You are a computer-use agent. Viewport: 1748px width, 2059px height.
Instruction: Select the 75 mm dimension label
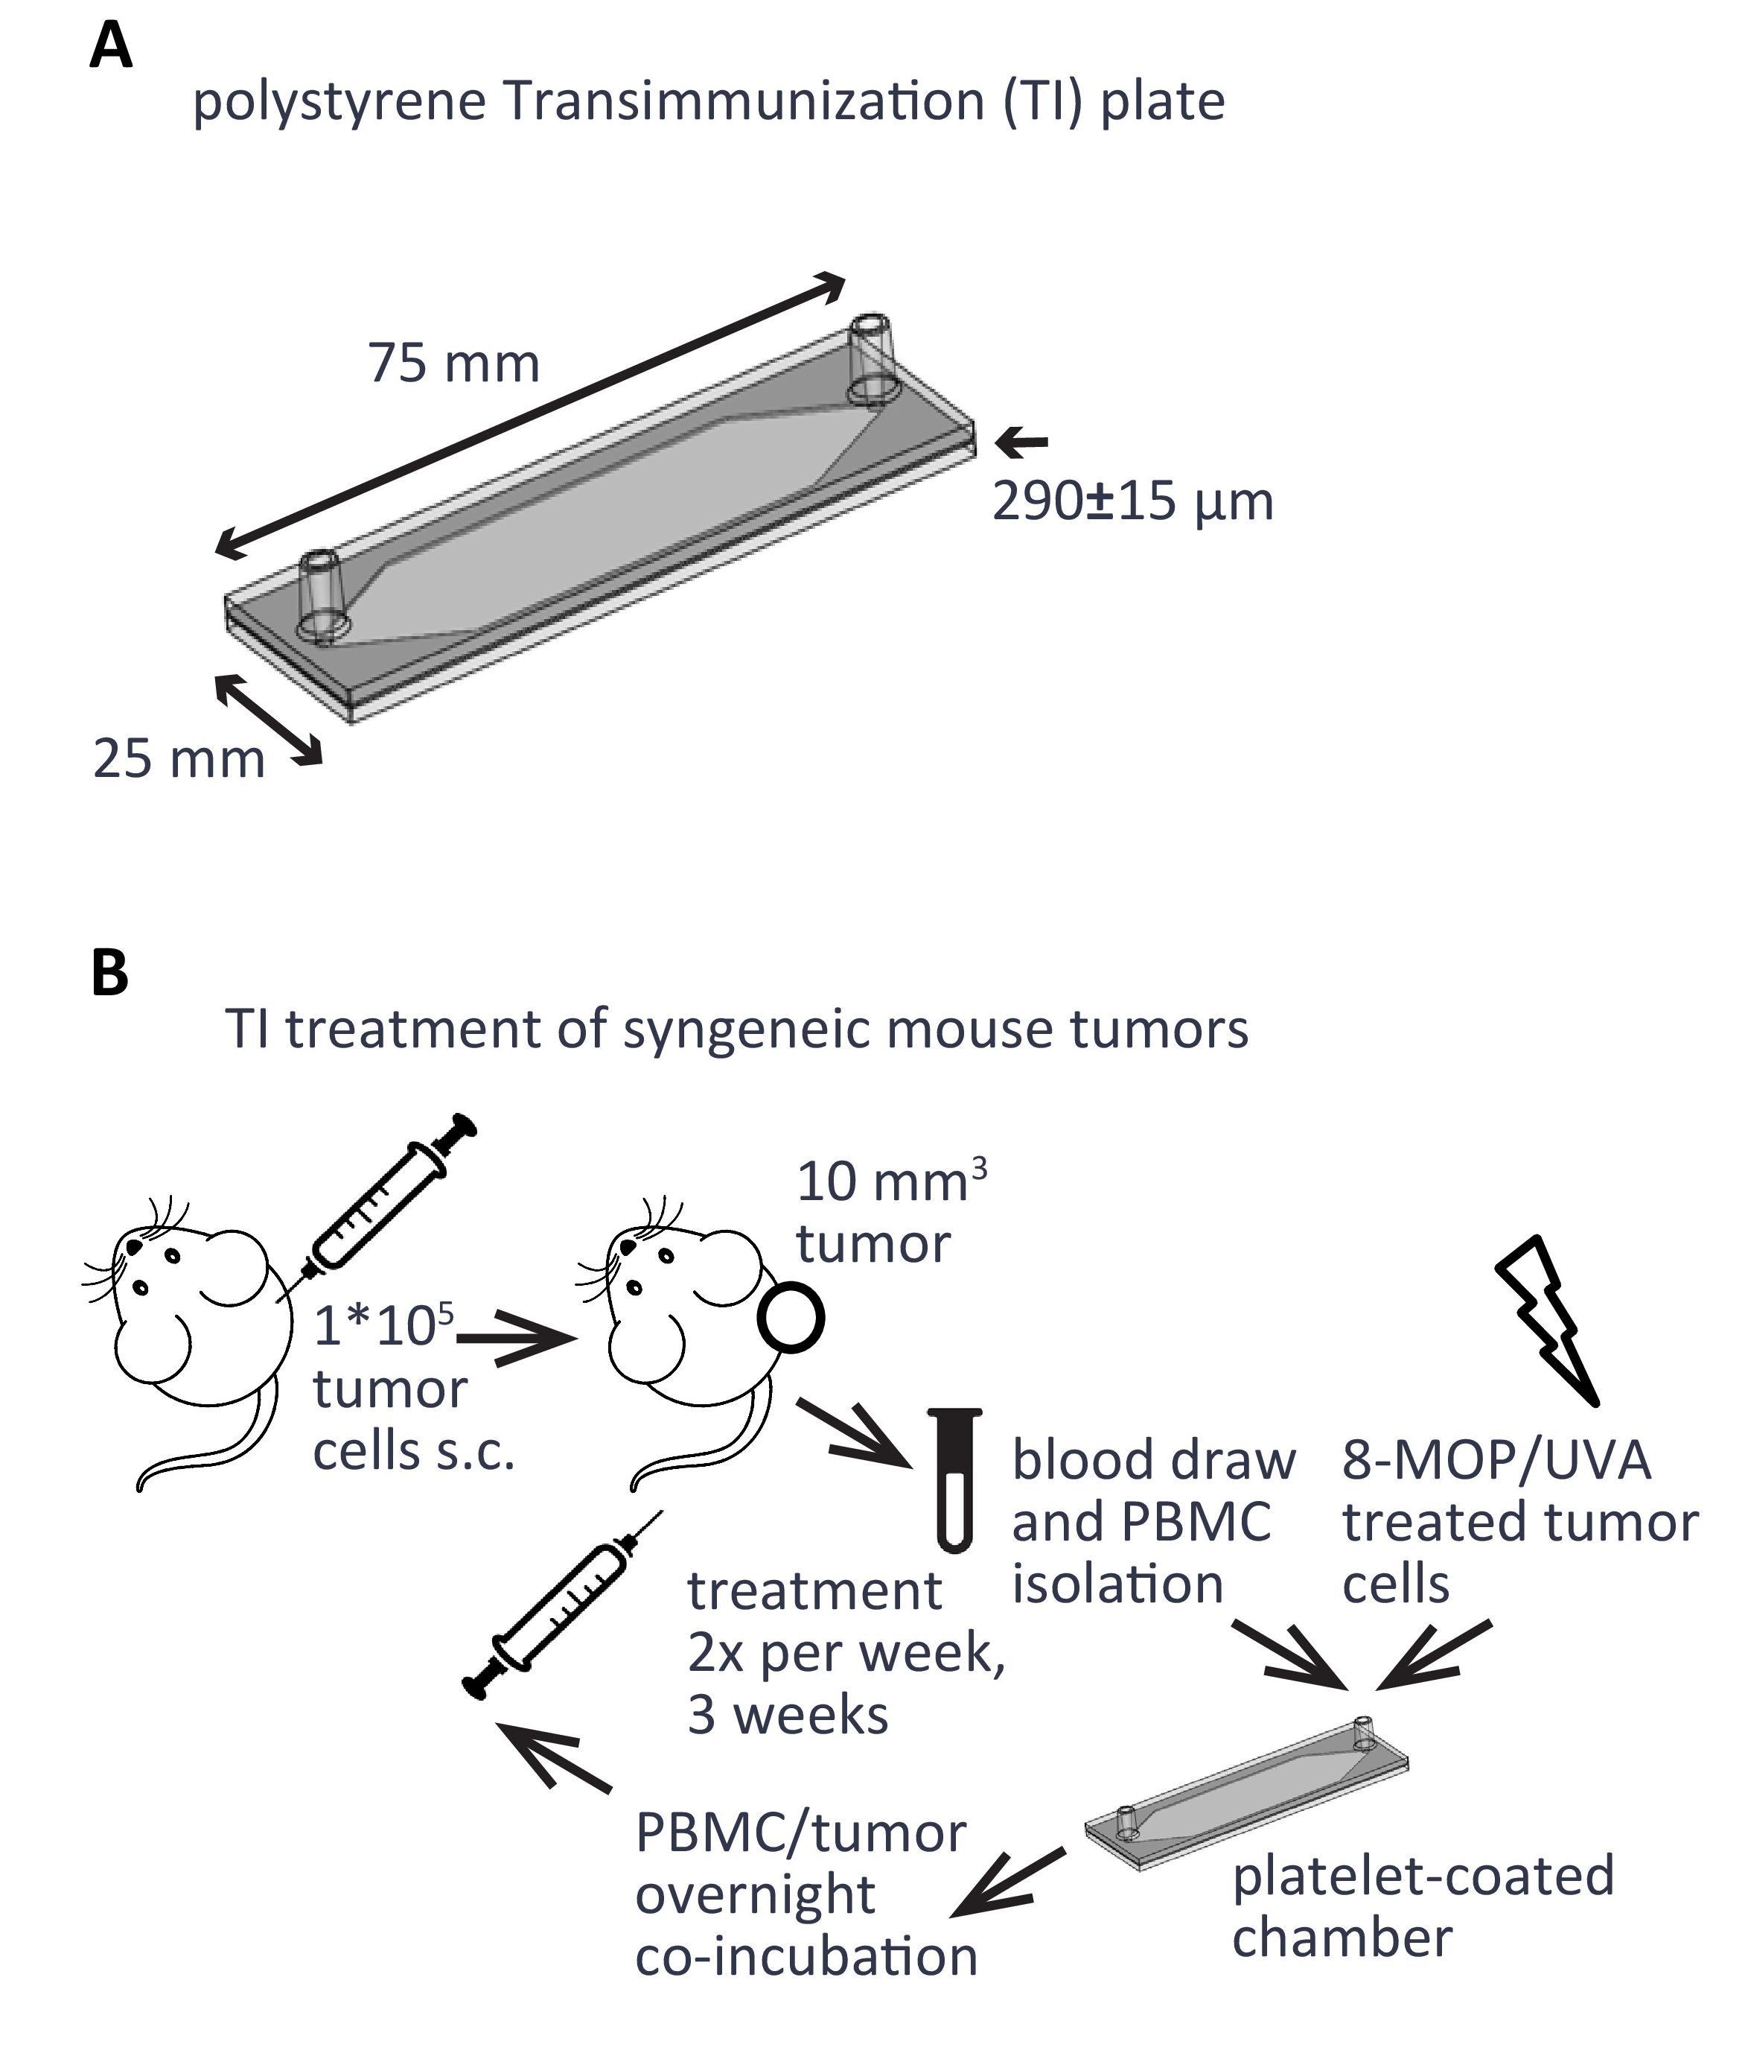(454, 363)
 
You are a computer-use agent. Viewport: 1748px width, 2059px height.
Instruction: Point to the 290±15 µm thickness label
(1132, 501)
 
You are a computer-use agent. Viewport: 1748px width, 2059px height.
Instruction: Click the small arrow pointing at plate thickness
(1021, 442)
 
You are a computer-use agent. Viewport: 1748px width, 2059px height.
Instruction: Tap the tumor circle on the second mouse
(791, 1318)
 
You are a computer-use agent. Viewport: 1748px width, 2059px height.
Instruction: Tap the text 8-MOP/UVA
(1496, 1459)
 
